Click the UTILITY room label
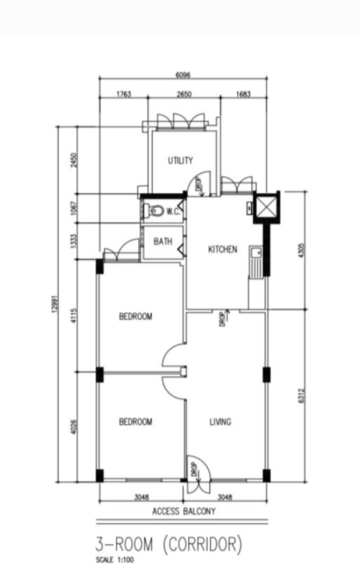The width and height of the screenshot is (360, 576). pos(180,160)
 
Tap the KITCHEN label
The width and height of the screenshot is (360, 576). pos(222,249)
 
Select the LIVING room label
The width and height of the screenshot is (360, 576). pos(220,422)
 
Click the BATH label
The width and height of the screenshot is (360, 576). pos(163,242)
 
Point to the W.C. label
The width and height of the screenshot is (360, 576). pos(173,212)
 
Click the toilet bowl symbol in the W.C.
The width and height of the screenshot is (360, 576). pos(156,211)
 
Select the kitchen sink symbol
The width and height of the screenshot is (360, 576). pos(255,253)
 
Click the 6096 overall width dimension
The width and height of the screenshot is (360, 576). pos(183,75)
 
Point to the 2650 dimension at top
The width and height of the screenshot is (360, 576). pos(183,94)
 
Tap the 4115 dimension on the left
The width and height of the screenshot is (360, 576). pos(74,315)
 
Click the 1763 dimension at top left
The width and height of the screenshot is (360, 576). pos(123,94)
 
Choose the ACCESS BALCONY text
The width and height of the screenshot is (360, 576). pos(183,511)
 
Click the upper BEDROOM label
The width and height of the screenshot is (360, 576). pos(136,317)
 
